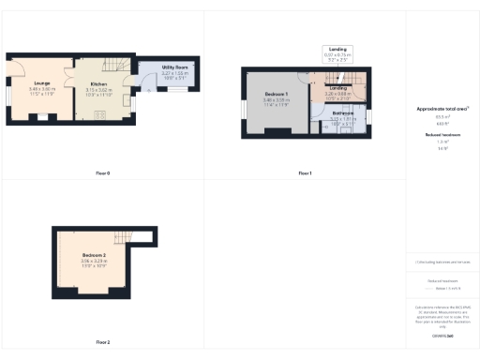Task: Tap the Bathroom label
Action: click(x=339, y=113)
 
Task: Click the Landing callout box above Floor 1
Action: click(x=336, y=53)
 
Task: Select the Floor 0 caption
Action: click(x=103, y=173)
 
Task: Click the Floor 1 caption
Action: click(x=304, y=173)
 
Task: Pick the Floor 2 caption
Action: click(x=103, y=342)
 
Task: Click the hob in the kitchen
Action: click(x=100, y=116)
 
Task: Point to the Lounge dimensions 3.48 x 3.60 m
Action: click(x=38, y=91)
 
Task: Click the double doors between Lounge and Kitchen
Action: click(x=68, y=75)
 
